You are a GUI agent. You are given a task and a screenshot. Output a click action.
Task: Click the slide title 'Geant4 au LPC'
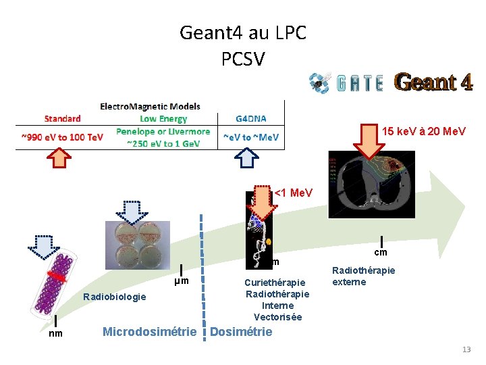coord(243,32)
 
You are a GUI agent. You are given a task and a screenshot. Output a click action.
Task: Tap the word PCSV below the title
coord(243,59)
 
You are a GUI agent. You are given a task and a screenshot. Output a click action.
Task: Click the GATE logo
coord(346,82)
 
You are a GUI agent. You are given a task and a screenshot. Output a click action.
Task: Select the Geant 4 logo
coord(433,82)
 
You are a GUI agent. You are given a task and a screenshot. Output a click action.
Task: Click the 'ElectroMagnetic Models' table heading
coord(150,107)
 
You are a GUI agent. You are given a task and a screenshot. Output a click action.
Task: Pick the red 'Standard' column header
coord(63,119)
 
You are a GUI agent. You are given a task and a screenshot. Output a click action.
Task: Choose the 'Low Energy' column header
coord(163,119)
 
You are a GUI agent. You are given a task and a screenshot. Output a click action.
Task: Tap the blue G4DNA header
coord(250,119)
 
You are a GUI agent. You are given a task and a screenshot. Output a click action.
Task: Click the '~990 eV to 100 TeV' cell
coord(62,137)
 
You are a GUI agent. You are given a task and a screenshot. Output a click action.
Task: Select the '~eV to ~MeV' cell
coord(250,137)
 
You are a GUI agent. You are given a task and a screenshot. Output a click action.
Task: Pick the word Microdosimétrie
coord(149,331)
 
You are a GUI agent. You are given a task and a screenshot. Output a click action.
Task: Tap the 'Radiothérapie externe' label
coord(363,276)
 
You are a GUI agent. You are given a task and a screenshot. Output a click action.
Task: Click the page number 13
coord(466,349)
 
